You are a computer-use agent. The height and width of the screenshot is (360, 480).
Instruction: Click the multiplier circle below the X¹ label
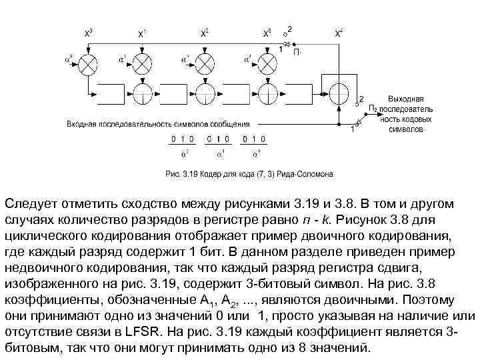point(143,63)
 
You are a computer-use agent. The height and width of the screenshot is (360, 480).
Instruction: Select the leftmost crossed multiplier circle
point(89,63)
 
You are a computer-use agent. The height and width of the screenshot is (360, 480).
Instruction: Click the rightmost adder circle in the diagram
point(340,92)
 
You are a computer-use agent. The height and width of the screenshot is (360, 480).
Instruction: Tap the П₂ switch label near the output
point(373,107)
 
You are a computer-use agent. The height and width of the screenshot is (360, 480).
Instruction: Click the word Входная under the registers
point(83,124)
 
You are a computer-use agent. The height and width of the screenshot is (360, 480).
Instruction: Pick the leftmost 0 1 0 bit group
point(182,139)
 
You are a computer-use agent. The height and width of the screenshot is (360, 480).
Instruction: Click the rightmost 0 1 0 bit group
point(254,139)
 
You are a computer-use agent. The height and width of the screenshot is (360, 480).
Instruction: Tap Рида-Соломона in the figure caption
point(307,175)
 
